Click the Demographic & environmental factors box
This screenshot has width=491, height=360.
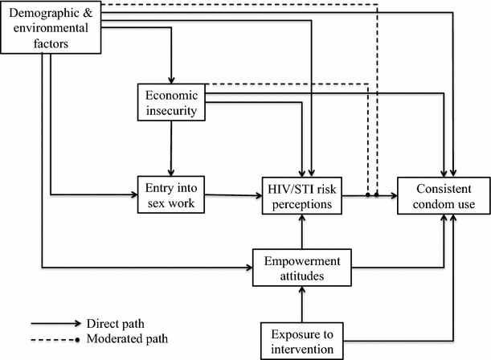pos(52,27)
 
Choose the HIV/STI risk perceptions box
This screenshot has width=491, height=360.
pos(301,195)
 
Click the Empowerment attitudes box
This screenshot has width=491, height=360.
pos(301,269)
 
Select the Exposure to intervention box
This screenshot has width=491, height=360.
pos(301,340)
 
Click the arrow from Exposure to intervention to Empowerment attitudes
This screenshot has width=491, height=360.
pos(301,305)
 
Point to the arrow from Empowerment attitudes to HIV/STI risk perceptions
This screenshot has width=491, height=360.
pos(301,233)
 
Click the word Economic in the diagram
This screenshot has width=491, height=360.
pos(168,95)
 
